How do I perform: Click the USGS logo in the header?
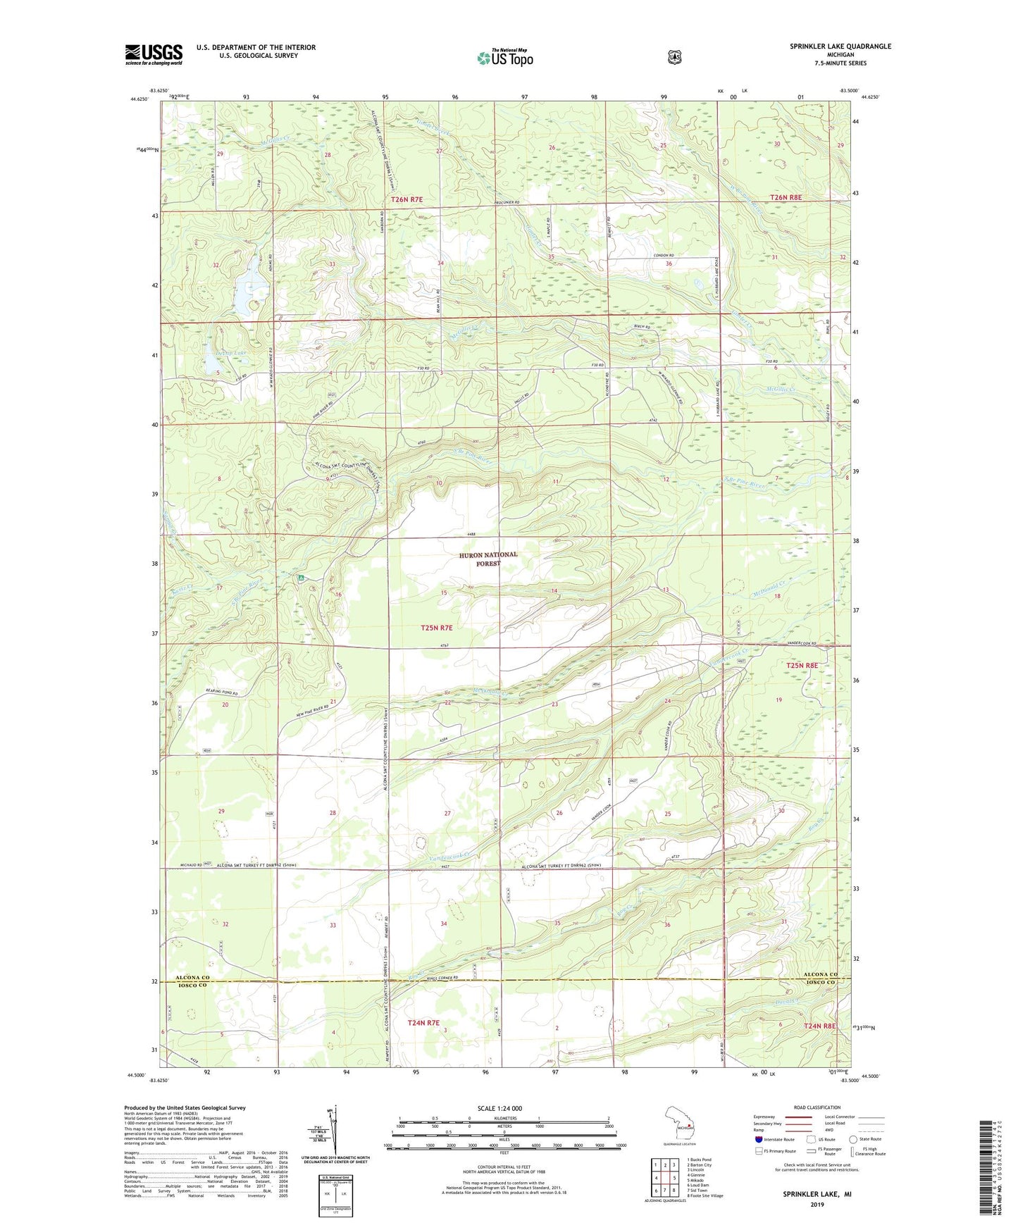tap(154, 54)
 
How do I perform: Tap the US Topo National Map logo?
tap(504, 57)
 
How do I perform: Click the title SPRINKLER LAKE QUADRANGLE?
tap(840, 46)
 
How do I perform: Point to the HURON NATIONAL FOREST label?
tap(488, 559)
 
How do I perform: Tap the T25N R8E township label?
tap(802, 665)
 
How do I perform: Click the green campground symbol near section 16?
tap(301, 578)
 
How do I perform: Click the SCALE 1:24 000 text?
tap(499, 1108)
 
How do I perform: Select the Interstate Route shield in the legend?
tap(759, 1139)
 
